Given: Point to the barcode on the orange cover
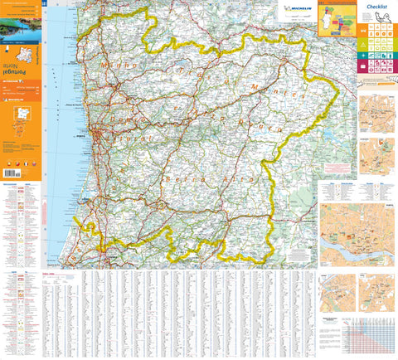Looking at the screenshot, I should [12, 173].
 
